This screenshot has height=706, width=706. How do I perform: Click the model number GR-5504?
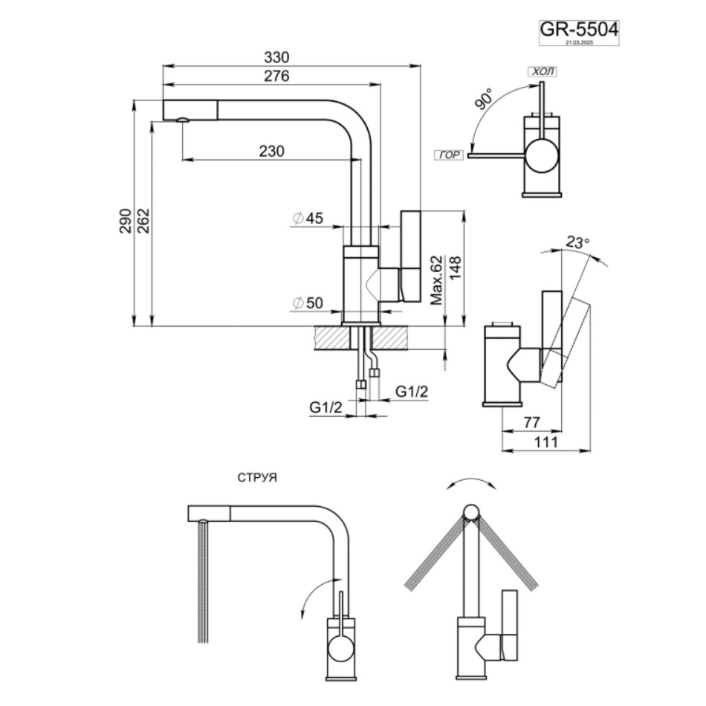578,29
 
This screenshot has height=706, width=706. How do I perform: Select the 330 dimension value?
276,57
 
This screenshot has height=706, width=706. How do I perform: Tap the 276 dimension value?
276,76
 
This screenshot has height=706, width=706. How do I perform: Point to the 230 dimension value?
272,151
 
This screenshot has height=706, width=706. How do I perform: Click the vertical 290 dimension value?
126,221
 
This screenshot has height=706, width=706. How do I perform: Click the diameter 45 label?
308,218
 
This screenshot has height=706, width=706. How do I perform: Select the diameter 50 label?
308,302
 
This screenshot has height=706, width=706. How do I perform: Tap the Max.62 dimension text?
436,279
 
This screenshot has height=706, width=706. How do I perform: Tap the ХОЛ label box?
542,72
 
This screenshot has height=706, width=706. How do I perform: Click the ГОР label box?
450,155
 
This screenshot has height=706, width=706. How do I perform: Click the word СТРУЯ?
257,478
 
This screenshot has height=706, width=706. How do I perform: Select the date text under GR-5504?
578,43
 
